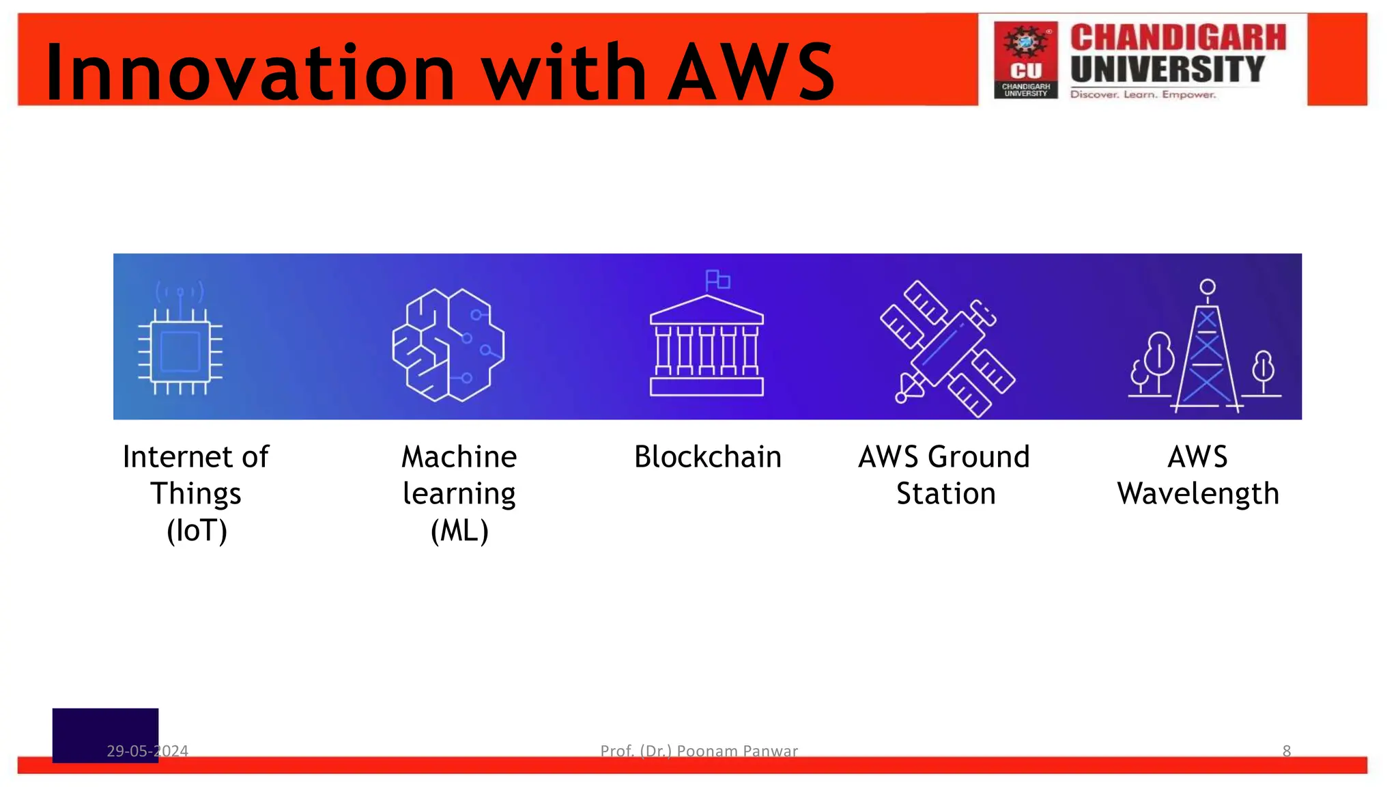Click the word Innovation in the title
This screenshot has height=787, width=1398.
(x=250, y=72)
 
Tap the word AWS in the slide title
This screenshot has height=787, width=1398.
(x=751, y=72)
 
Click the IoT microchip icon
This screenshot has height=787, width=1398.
(x=180, y=351)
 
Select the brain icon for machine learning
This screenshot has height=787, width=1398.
(x=448, y=344)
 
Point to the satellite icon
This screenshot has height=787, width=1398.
(x=947, y=348)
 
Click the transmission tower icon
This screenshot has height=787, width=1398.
(x=1206, y=348)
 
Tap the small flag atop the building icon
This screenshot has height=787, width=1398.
(x=717, y=280)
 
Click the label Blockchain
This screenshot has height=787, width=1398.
(x=707, y=457)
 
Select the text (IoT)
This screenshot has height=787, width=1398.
(x=197, y=531)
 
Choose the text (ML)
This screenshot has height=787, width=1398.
(x=459, y=531)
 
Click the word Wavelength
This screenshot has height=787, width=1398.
(x=1198, y=494)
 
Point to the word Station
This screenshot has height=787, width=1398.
(x=945, y=494)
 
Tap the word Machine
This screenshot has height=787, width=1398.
(x=459, y=457)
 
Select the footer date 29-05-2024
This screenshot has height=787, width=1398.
(x=147, y=751)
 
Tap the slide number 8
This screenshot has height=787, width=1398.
(x=1287, y=751)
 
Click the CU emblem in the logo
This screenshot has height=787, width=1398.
(x=1025, y=59)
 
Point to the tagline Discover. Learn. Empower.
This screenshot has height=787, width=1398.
(x=1143, y=94)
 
